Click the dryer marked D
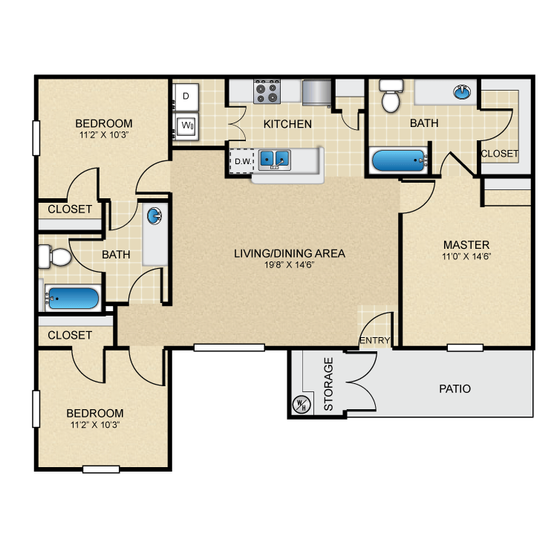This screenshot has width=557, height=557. [186, 96]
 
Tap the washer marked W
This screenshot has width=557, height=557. [187, 126]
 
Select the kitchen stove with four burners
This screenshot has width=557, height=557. [267, 92]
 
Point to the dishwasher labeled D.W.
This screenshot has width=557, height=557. [241, 160]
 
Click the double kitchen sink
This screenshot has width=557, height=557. [274, 159]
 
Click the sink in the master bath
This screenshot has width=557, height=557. [462, 93]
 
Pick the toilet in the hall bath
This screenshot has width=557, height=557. [55, 257]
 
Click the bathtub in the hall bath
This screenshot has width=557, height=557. [72, 299]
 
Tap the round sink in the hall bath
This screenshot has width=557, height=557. [154, 216]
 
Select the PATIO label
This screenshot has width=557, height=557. [455, 388]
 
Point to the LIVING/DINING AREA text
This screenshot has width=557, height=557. [289, 253]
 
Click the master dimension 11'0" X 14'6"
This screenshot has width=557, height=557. [466, 256]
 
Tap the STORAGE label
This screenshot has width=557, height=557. [328, 384]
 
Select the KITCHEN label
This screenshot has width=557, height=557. [287, 124]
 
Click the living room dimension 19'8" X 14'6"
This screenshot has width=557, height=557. [289, 265]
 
